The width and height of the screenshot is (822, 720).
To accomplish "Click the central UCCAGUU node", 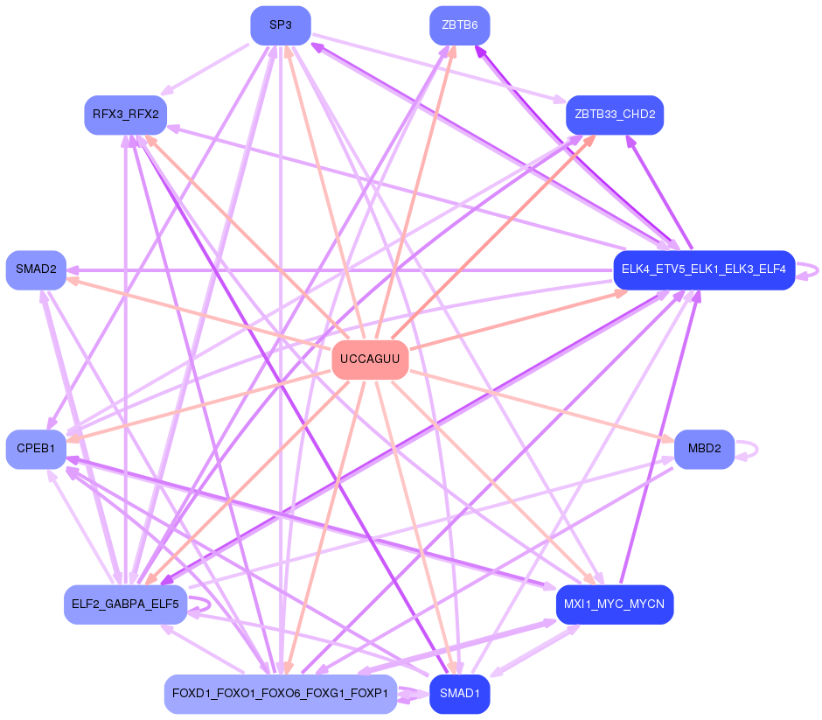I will (x=370, y=360).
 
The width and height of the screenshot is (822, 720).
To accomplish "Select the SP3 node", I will (x=280, y=25).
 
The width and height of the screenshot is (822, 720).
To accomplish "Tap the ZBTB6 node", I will (x=459, y=25).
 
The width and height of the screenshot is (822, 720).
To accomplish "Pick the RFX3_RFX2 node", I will (x=125, y=115).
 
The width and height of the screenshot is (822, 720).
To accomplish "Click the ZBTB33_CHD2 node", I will (x=615, y=115).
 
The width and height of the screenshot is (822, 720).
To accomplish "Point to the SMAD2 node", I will (x=36, y=269).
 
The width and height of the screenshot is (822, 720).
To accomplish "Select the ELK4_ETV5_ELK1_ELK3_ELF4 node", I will (x=703, y=269).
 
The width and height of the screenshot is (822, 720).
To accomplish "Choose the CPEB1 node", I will (x=36, y=449).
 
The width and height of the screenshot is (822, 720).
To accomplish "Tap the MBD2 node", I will (x=704, y=449).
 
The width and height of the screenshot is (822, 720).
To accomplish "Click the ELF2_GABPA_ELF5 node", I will (x=125, y=605).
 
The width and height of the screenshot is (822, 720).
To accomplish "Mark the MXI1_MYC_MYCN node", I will (x=614, y=605).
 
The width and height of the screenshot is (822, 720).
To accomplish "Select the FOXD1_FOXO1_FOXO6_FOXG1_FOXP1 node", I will (x=280, y=694).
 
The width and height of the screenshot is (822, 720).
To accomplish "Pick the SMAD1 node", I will (x=459, y=694).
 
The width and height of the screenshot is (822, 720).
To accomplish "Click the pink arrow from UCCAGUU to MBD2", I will (x=542, y=407).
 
